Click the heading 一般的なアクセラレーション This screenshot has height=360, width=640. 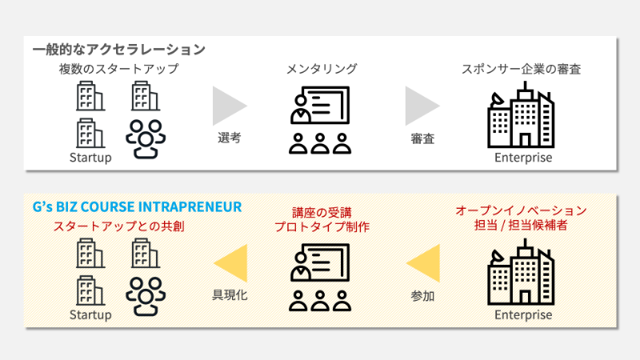118,50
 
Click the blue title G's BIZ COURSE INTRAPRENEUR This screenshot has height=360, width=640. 137,207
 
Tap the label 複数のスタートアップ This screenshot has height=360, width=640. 118,69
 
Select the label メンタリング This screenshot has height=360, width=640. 322,69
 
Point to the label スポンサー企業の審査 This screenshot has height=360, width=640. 522,69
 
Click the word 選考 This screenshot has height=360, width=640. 230,138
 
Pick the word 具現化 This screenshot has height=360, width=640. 230,295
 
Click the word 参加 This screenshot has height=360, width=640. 422,296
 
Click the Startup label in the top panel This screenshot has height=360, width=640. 90,158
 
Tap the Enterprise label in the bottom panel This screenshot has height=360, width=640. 523,314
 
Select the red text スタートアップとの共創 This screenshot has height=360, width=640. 118,226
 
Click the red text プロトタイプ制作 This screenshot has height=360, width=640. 322,226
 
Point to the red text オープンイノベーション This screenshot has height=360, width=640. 522,210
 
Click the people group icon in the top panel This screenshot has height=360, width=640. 146,138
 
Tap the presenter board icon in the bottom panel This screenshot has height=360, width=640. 320,278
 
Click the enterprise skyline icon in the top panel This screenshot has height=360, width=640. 522,115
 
